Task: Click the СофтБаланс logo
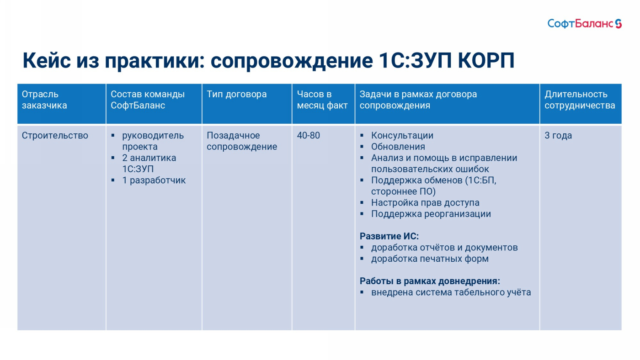[x=584, y=24]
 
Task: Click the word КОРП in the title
[x=486, y=60]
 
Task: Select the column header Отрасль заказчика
[x=44, y=100]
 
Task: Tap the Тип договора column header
[x=237, y=94]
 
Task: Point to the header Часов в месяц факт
[x=322, y=100]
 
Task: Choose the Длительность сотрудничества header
[x=580, y=100]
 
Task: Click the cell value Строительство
[x=55, y=135]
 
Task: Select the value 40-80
[x=308, y=135]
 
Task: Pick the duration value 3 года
[x=558, y=135]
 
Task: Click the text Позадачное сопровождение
[x=242, y=141]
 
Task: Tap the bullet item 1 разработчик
[x=154, y=180]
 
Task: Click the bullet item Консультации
[x=402, y=135]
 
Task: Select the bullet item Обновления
[x=398, y=147]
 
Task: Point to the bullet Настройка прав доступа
[x=425, y=203]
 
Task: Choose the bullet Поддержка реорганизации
[x=431, y=214]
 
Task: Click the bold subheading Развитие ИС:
[x=389, y=236]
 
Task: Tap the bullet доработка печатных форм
[x=430, y=259]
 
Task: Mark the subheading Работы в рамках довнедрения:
[x=430, y=281]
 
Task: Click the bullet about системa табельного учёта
[x=451, y=292]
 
